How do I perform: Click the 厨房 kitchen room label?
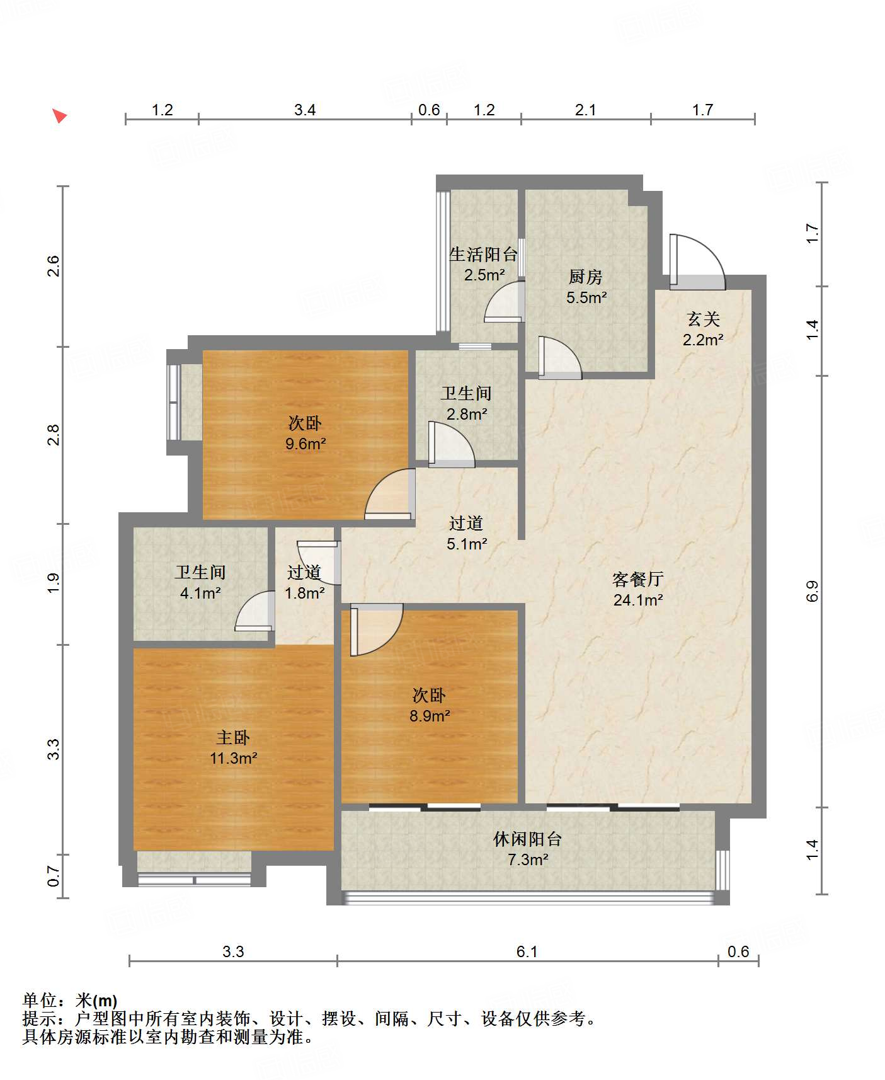point(586,277)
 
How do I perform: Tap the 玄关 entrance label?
point(704,319)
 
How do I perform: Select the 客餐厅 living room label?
point(638,579)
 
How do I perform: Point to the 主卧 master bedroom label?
point(233,737)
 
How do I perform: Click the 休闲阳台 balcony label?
point(527,839)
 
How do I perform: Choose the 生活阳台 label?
point(484,255)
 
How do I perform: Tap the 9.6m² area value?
point(305,444)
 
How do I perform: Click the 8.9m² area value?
point(430,716)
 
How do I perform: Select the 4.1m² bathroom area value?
point(200,593)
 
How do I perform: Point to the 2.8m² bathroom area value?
point(467,414)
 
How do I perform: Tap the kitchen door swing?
point(560,358)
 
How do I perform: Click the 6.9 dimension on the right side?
point(812,591)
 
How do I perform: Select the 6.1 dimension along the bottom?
point(527,951)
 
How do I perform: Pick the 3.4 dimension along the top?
point(305,110)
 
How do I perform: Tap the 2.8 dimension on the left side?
point(54,435)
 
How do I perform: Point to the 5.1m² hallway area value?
point(467,544)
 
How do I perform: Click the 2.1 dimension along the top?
point(585,110)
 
